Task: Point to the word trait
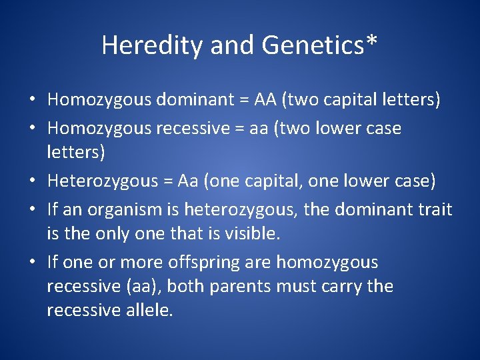click(433, 209)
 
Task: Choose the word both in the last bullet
click(223, 286)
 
